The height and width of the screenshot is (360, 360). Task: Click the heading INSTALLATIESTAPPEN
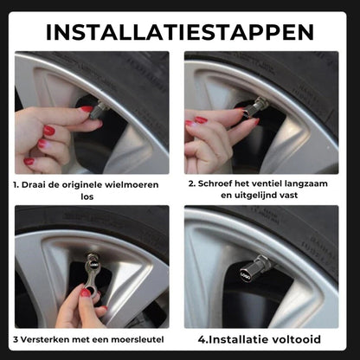[180, 32]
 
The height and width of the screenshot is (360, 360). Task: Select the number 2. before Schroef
[192, 184]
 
